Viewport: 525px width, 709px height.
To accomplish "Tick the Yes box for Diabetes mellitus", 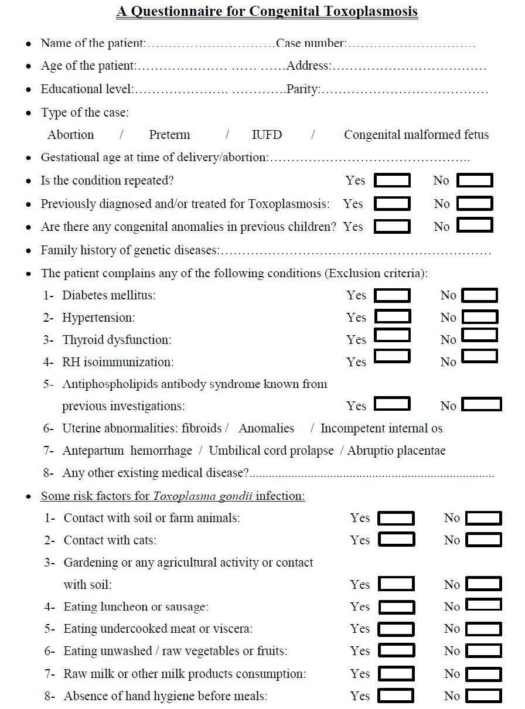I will click(392, 295).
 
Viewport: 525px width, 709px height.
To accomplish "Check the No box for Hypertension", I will click(480, 317).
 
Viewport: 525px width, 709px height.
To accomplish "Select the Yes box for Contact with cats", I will click(396, 540).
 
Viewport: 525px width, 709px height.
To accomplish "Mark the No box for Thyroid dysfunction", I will click(479, 335).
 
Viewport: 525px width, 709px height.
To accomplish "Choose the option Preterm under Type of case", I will click(169, 135).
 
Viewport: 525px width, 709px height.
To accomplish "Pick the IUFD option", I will click(267, 135).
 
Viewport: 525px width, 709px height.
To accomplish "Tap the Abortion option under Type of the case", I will click(70, 135).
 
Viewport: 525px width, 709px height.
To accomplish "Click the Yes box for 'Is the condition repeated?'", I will click(392, 180).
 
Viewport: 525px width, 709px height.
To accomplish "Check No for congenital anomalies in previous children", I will click(475, 225).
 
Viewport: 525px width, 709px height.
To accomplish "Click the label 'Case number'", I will click(311, 43).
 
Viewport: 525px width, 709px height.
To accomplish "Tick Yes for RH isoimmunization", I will click(392, 356).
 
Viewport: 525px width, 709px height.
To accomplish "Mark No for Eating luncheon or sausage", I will click(484, 605).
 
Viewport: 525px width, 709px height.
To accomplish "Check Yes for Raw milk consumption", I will click(396, 673).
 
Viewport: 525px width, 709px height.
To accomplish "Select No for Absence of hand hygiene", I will click(484, 696).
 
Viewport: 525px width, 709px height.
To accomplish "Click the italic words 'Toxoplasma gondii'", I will click(203, 496).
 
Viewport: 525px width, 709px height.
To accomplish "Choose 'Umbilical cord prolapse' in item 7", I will click(271, 451).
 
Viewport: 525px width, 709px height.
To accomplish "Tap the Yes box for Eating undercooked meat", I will click(396, 629).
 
